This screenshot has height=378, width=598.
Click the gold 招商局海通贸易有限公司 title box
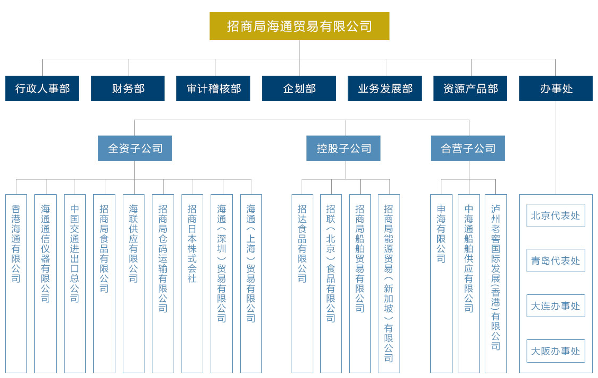click(300, 26)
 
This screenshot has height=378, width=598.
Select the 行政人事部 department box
click(42, 88)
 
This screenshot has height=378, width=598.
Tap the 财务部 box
click(128, 88)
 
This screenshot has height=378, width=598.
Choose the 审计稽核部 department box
click(213, 88)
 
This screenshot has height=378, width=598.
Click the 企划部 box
click(299, 88)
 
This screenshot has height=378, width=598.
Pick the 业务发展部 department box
click(385, 88)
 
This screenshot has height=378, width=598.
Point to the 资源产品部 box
click(470, 88)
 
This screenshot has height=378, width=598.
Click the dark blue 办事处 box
click(556, 88)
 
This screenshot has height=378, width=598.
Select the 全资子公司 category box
click(135, 148)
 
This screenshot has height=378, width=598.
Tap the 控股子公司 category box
click(343, 148)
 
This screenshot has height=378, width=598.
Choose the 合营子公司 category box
click(468, 148)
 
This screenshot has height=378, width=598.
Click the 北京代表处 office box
click(556, 215)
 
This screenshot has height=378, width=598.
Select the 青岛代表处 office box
click(556, 260)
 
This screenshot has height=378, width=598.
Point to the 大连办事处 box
click(556, 306)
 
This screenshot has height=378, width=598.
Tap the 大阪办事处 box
click(556, 351)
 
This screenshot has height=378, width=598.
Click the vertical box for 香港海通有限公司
click(16, 284)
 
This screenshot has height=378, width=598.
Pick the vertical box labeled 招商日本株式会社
click(192, 284)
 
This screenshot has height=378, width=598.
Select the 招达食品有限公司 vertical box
click(302, 284)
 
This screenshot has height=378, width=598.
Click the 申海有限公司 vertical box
click(441, 284)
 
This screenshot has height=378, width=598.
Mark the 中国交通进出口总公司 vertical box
click(75, 284)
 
